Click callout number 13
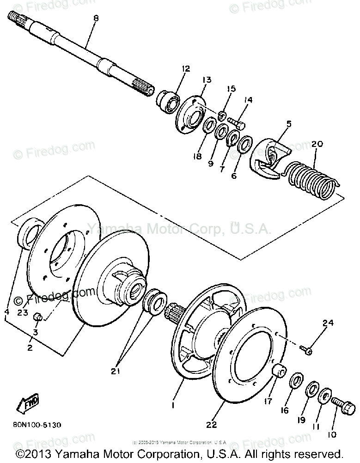tap(193, 80)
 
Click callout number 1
tap(174, 405)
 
